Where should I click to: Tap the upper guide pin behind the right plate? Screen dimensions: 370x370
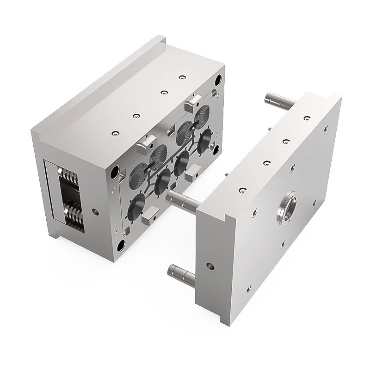click(x=276, y=99)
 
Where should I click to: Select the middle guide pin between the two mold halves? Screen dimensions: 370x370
click(x=183, y=199)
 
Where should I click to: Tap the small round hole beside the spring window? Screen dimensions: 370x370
click(x=95, y=213)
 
